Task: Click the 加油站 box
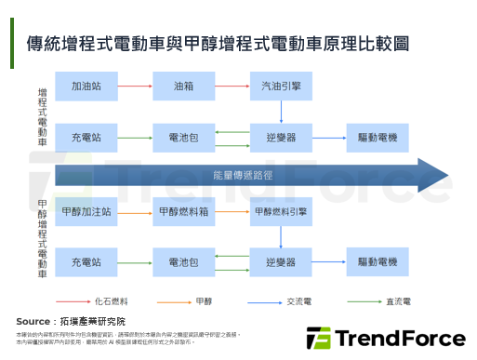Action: [x=89, y=87]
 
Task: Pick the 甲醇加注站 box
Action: [x=89, y=212]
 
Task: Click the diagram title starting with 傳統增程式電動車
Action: [x=219, y=44]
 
